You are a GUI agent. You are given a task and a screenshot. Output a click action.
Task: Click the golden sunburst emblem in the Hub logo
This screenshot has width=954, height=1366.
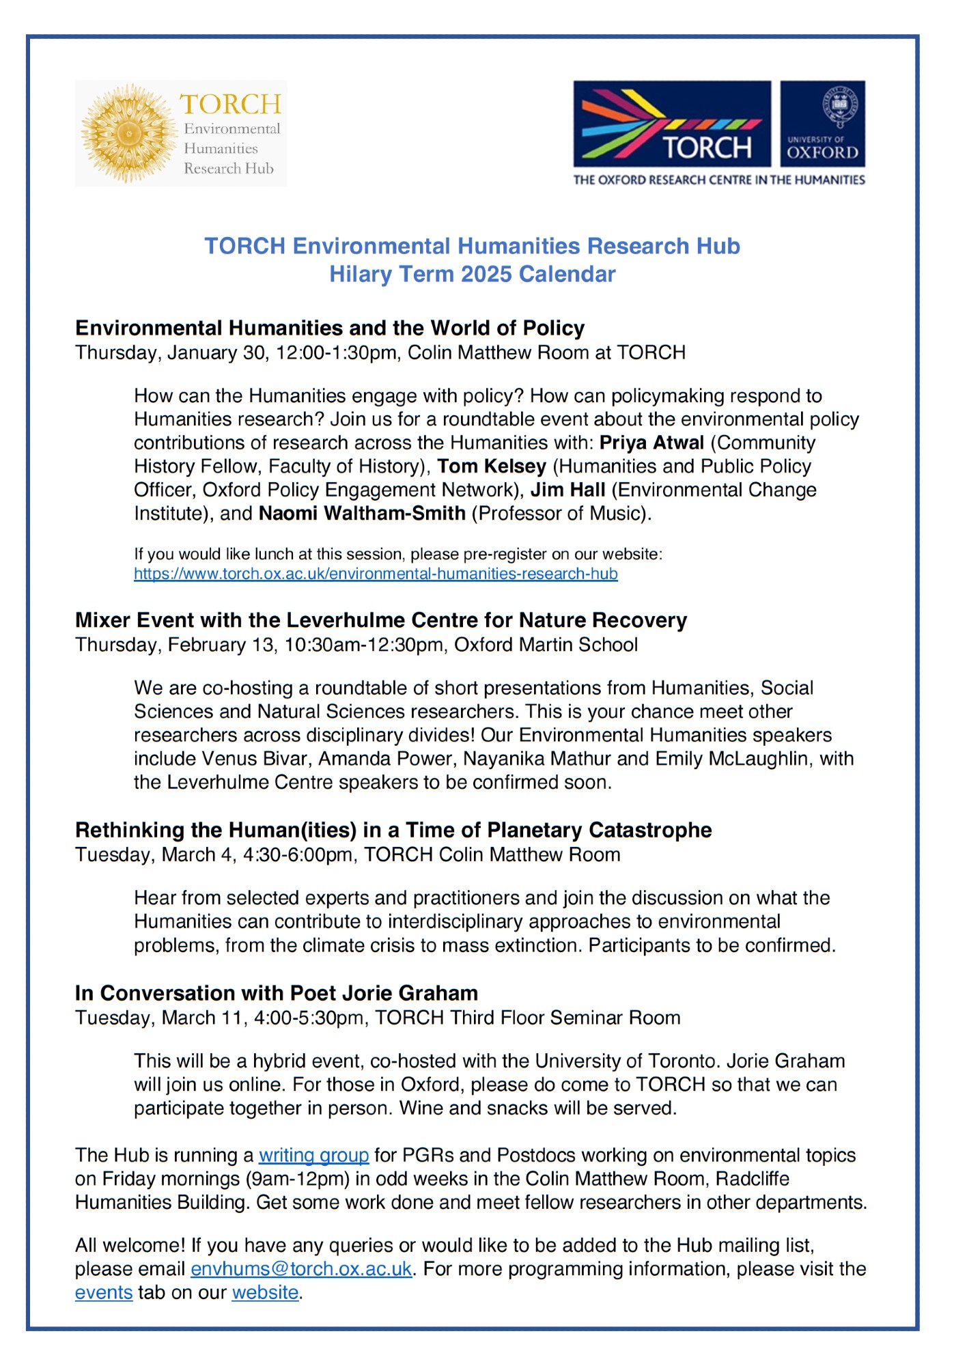click(x=128, y=134)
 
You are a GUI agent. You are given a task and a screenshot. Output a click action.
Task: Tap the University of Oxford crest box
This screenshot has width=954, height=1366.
click(x=822, y=124)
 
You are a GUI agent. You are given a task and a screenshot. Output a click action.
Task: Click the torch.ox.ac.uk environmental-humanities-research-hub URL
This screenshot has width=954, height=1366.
click(x=376, y=574)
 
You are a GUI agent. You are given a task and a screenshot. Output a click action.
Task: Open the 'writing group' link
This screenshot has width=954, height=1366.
click(x=313, y=1155)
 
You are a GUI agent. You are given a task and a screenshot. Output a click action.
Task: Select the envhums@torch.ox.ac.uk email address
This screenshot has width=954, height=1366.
click(x=301, y=1268)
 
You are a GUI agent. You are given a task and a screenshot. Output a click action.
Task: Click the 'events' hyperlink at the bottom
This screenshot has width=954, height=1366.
click(x=104, y=1292)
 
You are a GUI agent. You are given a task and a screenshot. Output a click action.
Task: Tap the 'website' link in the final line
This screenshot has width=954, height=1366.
click(x=265, y=1292)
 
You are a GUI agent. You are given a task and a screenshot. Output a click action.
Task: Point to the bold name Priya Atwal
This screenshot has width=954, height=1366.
click(x=651, y=443)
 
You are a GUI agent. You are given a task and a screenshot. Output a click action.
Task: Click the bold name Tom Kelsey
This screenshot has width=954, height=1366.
click(x=492, y=466)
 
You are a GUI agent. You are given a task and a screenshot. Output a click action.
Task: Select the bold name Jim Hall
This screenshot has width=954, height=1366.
click(x=567, y=490)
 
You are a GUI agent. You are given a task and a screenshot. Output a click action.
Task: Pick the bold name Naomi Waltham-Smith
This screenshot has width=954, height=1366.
click(x=362, y=513)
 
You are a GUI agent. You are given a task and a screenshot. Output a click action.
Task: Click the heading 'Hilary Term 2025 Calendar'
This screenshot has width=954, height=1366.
click(x=472, y=274)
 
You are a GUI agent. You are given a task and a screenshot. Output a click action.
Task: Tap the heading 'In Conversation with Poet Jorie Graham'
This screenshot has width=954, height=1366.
click(x=277, y=992)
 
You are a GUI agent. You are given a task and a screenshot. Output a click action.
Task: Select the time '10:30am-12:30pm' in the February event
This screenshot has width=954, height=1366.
click(x=364, y=645)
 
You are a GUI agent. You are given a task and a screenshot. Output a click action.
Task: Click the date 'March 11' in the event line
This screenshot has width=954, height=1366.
click(x=205, y=1018)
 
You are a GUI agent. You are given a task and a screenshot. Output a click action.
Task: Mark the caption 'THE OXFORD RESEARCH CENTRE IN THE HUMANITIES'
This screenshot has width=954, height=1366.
click(x=719, y=180)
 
